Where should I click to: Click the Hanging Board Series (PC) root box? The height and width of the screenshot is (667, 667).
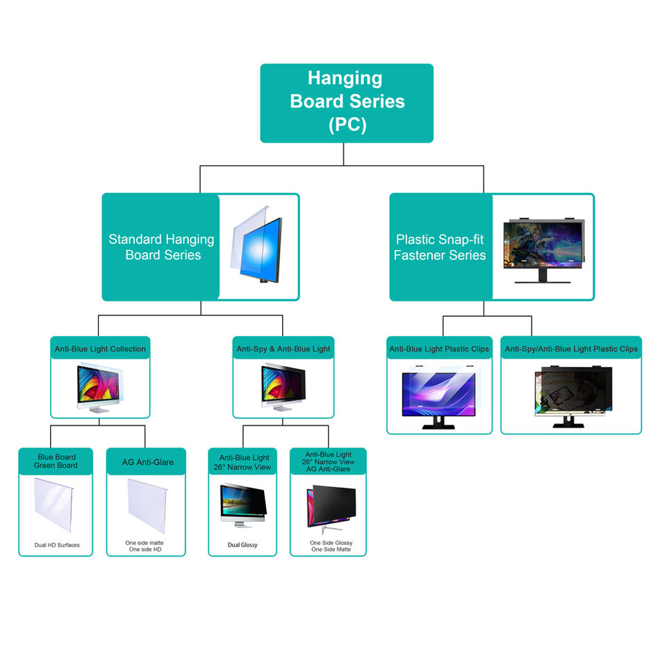tap(347, 103)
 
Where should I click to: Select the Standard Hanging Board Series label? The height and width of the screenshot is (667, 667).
tap(161, 247)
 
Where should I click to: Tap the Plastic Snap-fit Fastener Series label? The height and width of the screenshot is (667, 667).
tap(440, 247)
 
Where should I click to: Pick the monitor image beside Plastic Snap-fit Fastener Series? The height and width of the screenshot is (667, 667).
tap(543, 248)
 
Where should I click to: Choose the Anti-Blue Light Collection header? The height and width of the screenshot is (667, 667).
tap(100, 349)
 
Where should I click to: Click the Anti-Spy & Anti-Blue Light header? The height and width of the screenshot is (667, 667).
tap(283, 349)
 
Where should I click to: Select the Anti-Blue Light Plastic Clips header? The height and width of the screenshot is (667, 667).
tap(439, 349)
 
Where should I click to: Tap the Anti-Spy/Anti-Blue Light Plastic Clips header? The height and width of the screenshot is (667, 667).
tap(570, 349)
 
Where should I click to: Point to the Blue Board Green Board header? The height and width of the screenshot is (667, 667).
tap(56, 461)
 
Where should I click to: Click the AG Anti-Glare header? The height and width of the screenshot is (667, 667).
tap(147, 461)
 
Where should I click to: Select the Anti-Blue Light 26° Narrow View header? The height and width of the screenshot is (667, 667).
tap(244, 462)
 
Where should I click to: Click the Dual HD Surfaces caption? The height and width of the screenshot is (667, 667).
tap(56, 545)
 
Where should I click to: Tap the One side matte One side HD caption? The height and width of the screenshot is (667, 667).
tap(145, 546)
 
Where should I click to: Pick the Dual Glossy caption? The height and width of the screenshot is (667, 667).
tap(242, 545)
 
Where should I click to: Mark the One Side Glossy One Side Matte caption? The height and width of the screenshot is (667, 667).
tap(330, 546)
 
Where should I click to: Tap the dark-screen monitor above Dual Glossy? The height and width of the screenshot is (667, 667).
tap(242, 504)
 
